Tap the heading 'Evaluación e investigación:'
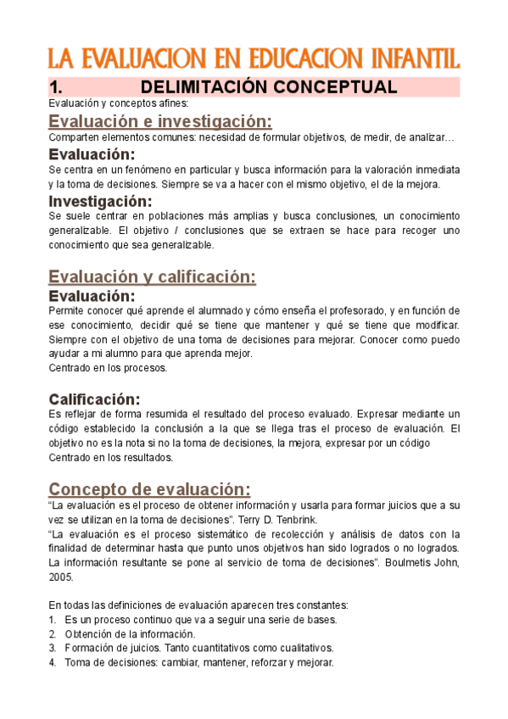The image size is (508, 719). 160,120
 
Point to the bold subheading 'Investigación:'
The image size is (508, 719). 100,201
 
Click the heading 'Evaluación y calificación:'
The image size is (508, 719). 153,276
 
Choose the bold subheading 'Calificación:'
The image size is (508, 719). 94,399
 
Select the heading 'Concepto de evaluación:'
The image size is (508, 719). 150,489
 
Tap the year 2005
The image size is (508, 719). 61,577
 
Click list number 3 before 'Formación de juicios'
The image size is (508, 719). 53,649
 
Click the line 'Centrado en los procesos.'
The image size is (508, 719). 108,368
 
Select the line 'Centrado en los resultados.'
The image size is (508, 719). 110,457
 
